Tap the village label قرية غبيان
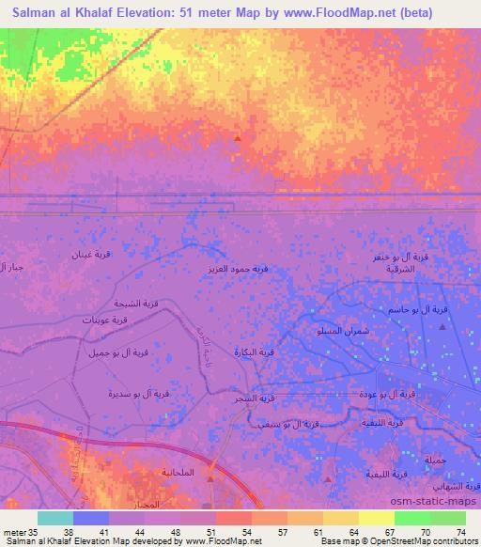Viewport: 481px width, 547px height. tap(94, 254)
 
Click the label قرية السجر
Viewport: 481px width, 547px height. tap(254, 399)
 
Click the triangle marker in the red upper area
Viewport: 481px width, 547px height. tap(238, 138)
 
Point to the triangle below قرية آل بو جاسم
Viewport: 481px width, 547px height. tap(443, 326)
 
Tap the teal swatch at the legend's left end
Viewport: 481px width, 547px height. tap(55, 518)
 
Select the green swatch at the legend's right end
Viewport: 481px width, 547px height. tap(449, 518)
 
